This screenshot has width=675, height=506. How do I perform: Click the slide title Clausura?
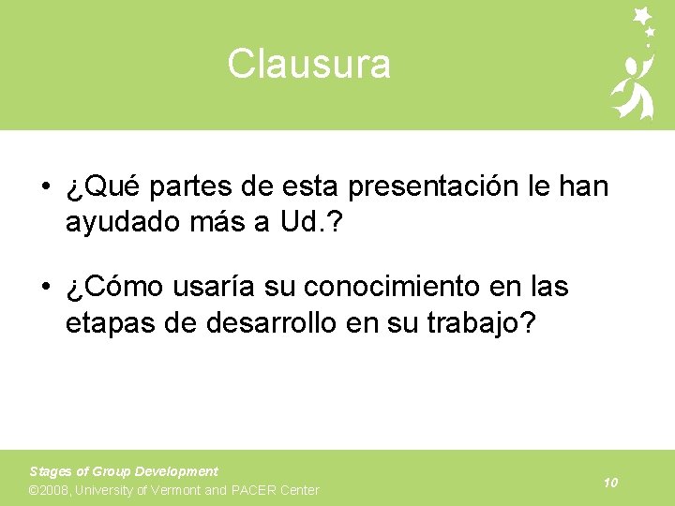point(308,65)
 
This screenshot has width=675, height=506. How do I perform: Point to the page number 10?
point(610,483)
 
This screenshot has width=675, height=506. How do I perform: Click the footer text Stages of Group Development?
point(124,471)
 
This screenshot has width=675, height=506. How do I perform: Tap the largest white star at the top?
point(643,15)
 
